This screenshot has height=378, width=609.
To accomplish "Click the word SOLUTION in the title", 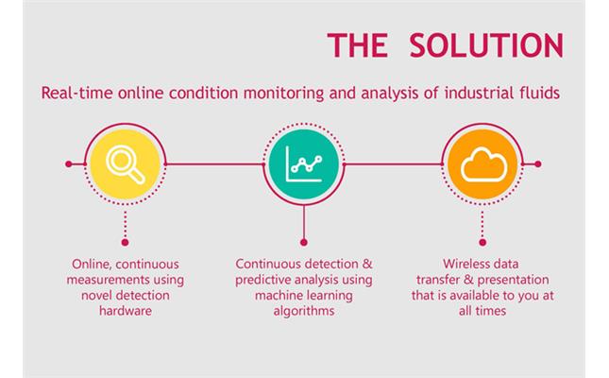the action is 486,45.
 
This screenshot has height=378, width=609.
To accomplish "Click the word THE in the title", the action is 358,45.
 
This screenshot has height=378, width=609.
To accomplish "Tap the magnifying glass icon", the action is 126,164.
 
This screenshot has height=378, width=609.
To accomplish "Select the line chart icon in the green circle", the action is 304,164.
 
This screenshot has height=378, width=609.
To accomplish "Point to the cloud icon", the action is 483,164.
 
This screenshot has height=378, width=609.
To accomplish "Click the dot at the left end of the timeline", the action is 69,164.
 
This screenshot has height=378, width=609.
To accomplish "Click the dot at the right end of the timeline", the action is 538,164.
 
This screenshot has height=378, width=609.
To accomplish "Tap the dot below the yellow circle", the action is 125,242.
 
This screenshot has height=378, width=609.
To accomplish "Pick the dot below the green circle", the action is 304,242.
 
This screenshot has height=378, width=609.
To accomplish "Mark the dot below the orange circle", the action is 482,242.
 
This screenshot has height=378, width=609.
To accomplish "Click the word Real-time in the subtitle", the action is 76,94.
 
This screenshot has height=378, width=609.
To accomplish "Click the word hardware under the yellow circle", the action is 126,311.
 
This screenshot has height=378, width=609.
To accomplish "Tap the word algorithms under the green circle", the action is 304,311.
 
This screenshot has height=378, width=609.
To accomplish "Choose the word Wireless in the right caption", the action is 463,264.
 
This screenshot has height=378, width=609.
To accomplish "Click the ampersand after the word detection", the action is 367,264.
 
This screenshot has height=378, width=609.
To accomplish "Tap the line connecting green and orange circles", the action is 393,164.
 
